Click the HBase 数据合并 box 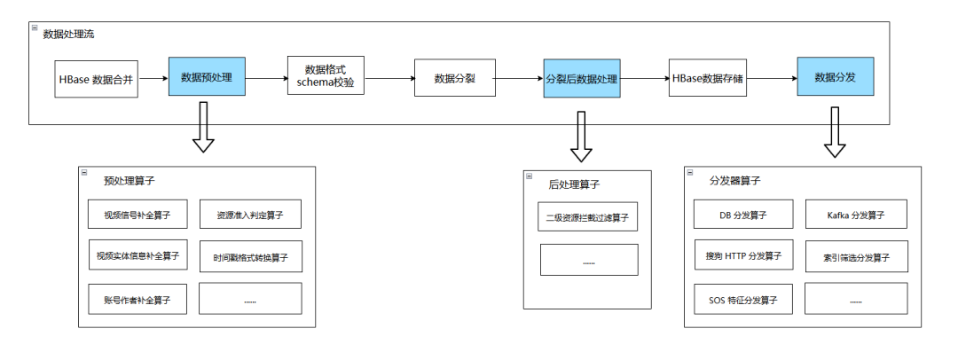96,79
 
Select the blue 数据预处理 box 207,76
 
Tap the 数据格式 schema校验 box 326,75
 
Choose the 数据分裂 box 454,78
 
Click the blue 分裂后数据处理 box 582,78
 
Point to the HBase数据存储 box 708,78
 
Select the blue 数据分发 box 836,76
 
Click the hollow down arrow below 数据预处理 203,127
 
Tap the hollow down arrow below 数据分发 835,133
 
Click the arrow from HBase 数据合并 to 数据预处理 153,78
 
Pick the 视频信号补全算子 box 137,215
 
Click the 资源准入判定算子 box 250,215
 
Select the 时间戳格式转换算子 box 250,257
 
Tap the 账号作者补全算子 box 137,300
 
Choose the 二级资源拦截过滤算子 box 588,217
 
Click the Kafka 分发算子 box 856,215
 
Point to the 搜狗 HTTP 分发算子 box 743,254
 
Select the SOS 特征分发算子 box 743,300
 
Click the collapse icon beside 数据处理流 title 35,27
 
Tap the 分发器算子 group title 735,181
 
